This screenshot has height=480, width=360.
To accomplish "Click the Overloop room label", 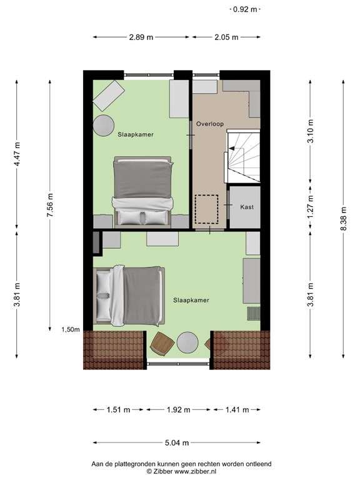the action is pos(210,124).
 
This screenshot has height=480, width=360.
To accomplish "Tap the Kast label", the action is pos(247,207).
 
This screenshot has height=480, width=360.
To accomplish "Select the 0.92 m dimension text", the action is pos(245,9).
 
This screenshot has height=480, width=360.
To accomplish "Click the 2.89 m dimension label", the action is pos(141,37).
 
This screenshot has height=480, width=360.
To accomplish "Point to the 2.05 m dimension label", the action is pos(226,37).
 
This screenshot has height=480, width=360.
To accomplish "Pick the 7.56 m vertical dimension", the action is pos(50,205).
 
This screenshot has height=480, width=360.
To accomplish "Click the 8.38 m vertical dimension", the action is pos(344,219).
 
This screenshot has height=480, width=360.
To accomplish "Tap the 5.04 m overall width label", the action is pos(177,442).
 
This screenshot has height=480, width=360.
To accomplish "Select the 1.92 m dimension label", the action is pos(178,409).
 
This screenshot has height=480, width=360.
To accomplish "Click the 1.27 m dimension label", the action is pos(311,207).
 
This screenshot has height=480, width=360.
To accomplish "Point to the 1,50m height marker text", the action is pos(71,330).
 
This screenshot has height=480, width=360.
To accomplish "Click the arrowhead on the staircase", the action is pos(231,149).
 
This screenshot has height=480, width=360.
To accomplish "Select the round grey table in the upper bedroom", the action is pos(104,126).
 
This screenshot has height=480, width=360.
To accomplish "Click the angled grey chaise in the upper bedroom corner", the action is pos(109,96).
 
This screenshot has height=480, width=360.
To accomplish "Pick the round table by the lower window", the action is pos(187,343).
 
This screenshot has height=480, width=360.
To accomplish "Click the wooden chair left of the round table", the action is pos(162,344).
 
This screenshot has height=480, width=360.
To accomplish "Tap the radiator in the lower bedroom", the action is pos(254,314).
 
